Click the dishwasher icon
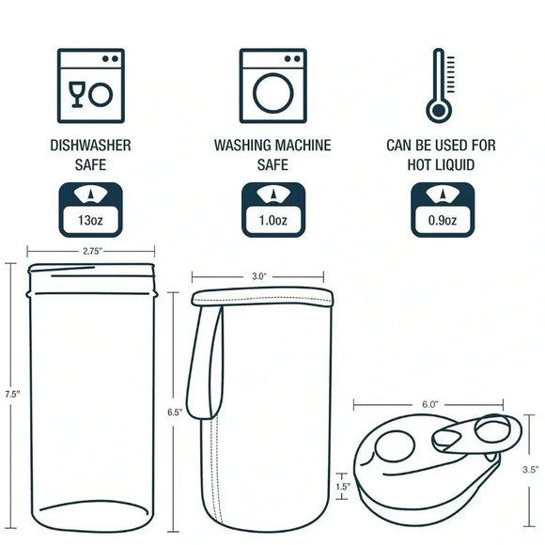91,86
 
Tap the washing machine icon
272,86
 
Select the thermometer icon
441,86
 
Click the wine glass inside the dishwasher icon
77,95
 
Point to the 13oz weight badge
91,210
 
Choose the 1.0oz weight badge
273,210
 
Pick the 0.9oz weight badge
443,210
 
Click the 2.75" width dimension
91,251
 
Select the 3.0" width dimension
257,276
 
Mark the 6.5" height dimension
174,413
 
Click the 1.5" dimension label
342,487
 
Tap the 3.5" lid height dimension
530,470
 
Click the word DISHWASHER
91,146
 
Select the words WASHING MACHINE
272,146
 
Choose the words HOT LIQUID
441,164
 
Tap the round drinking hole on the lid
395,446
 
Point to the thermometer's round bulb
439,111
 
